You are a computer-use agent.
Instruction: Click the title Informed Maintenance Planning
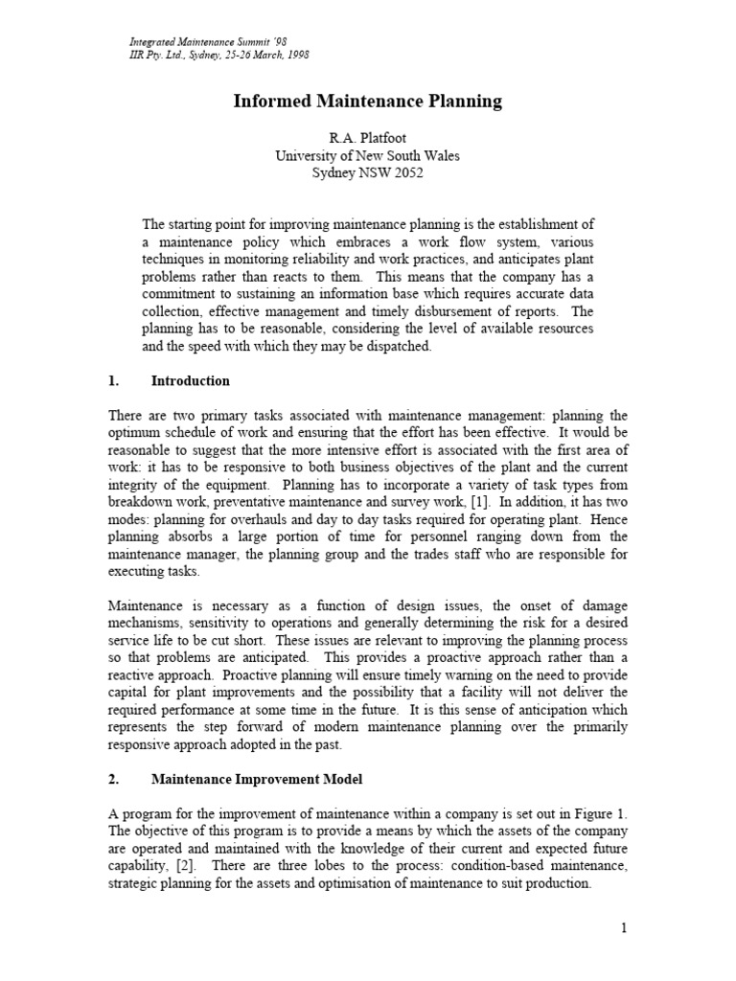[x=367, y=101]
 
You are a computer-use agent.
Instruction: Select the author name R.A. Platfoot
[x=368, y=137]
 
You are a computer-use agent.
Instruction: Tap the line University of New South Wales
[x=368, y=155]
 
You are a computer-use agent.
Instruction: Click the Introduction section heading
[x=190, y=380]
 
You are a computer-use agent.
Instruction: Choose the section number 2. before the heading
[x=113, y=779]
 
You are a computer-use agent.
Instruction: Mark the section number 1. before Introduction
[x=113, y=380]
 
